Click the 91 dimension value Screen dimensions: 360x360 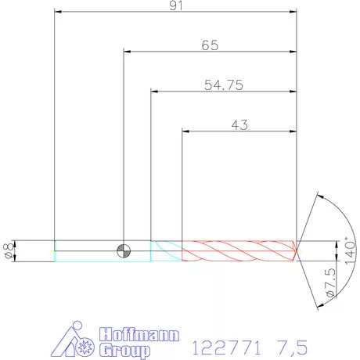176,5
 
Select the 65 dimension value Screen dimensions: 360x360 210,45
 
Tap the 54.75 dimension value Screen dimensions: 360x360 224,85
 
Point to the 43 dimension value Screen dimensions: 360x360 239,125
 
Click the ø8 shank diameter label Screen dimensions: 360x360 9,251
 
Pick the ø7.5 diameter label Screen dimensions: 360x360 330,283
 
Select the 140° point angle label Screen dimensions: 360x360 350,250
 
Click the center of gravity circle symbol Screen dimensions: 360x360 124,251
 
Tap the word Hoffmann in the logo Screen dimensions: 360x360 139,334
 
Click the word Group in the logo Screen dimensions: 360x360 124,351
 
